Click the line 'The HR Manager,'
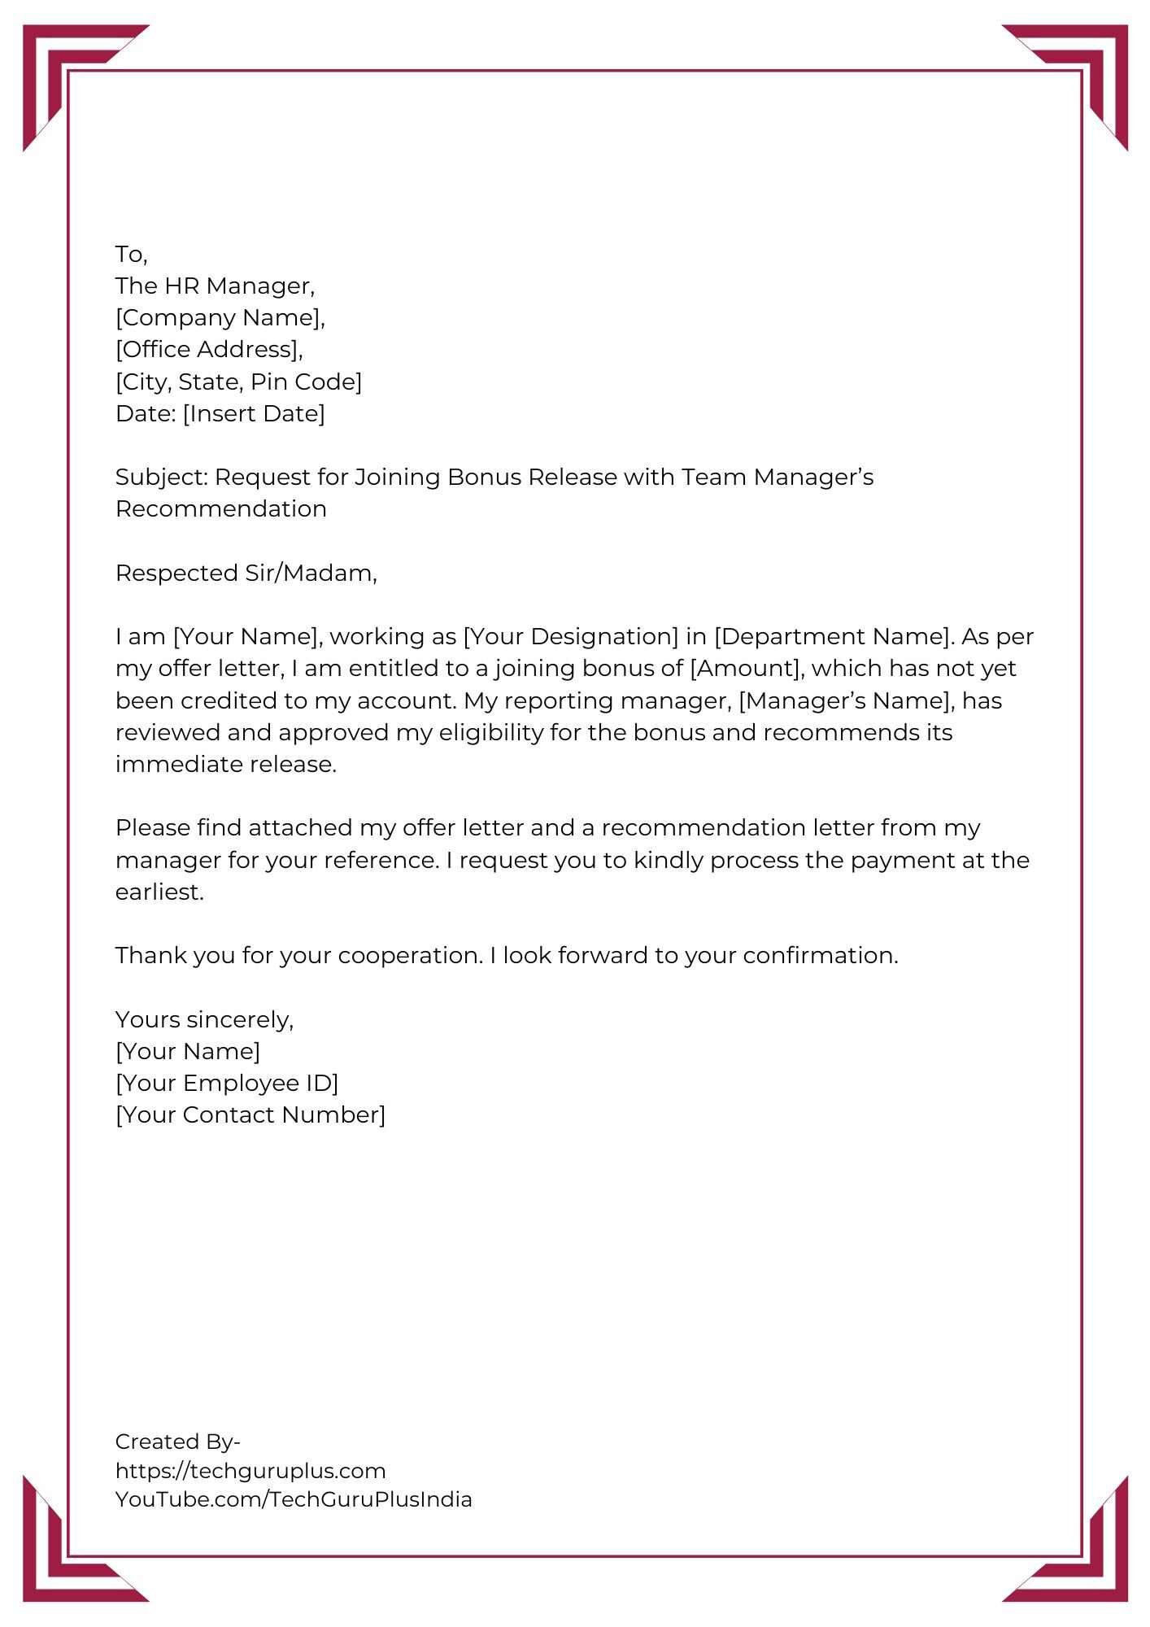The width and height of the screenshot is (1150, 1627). (215, 286)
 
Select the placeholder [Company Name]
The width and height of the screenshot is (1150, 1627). (219, 318)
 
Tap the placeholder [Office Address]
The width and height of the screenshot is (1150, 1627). (208, 350)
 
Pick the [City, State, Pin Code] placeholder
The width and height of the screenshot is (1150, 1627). (238, 382)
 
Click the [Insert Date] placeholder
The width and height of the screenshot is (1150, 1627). (254, 413)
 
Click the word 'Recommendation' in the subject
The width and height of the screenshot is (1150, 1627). (220, 509)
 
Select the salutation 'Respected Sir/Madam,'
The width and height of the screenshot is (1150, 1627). (246, 574)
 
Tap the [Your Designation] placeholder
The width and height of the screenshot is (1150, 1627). (570, 637)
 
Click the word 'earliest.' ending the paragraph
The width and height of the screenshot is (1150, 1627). (159, 892)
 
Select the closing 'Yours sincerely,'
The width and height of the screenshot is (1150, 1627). (204, 1020)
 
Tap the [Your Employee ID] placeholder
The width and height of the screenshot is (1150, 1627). (227, 1084)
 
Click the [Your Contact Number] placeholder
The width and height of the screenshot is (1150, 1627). (250, 1115)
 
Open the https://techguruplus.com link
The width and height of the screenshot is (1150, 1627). (250, 1471)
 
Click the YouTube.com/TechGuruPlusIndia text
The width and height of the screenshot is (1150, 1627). (294, 1499)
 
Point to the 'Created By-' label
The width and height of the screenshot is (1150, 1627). (177, 1442)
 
